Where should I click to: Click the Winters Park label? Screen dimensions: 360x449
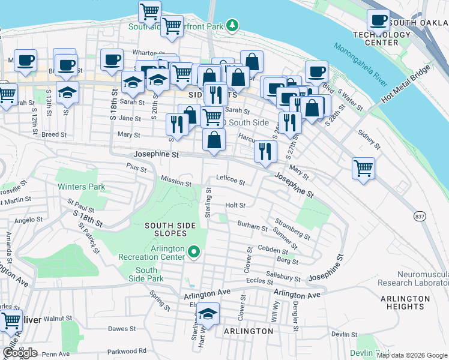pyautogui.click(x=82, y=187)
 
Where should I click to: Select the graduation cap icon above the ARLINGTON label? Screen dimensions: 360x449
pyautogui.click(x=208, y=313)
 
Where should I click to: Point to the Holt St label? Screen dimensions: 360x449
pyautogui.click(x=235, y=205)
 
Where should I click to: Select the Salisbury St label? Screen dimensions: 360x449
pyautogui.click(x=283, y=277)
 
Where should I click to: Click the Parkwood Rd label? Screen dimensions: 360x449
pyautogui.click(x=126, y=351)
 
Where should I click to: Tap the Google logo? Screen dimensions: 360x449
pyautogui.click(x=20, y=352)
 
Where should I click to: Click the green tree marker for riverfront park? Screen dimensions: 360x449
pyautogui.click(x=231, y=25)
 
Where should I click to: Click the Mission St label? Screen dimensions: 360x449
pyautogui.click(x=176, y=181)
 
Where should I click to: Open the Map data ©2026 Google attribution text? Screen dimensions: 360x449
pyautogui.click(x=412, y=355)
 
